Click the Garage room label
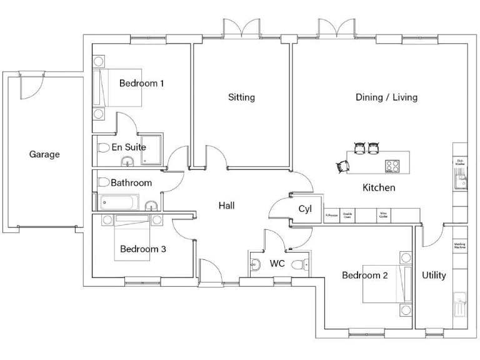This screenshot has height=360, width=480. point(44,154)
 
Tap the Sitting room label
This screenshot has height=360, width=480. point(241,97)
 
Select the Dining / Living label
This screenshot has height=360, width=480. point(386,97)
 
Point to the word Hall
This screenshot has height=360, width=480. point(226,205)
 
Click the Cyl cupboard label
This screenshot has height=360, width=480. point(305,209)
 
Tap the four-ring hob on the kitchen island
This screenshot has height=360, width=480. point(392,166)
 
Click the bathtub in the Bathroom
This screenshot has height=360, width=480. point(119,203)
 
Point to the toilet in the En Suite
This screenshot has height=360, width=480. point(104,148)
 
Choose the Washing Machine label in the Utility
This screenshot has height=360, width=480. point(459,246)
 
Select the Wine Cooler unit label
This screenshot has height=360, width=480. point(382,215)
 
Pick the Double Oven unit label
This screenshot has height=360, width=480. point(347,215)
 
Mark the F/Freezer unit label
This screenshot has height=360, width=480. point(331,215)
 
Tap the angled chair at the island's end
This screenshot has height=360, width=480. point(343,166)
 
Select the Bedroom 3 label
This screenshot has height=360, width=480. point(143,249)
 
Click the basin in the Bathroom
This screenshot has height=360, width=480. point(151,206)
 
